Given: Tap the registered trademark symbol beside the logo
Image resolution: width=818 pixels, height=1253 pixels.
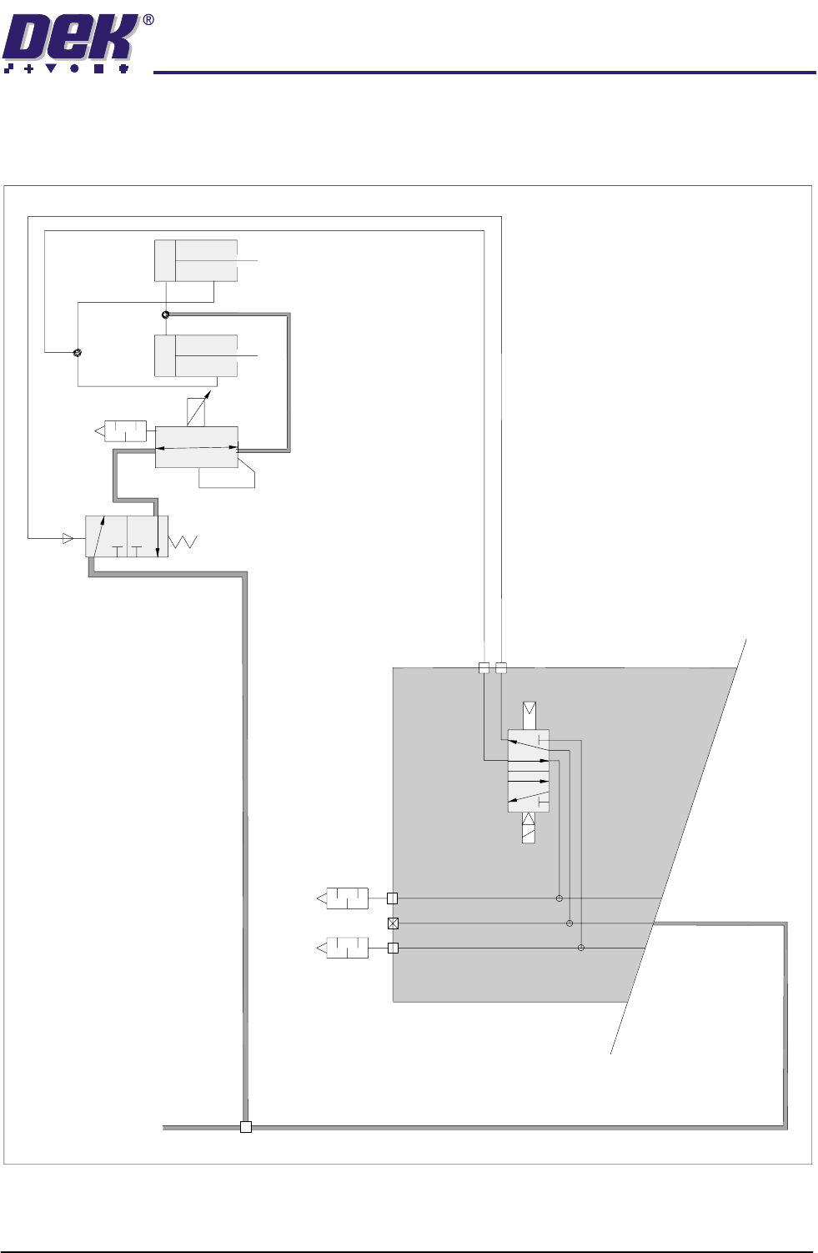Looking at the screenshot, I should (x=148, y=20).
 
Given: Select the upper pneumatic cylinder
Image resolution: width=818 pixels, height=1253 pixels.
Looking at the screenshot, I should (x=196, y=260).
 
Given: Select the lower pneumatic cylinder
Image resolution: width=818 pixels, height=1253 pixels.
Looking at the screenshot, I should (x=196, y=355).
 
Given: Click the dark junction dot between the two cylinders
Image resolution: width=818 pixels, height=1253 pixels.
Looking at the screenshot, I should (x=165, y=315).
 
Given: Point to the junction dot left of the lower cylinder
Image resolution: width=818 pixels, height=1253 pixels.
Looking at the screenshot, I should (x=78, y=353).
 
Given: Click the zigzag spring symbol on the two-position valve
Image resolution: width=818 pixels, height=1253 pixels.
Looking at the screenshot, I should (x=183, y=541).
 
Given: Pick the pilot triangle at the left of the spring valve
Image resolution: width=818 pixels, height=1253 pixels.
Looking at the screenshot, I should (x=68, y=538).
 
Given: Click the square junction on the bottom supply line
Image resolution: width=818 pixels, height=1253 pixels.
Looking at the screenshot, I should (x=245, y=1127).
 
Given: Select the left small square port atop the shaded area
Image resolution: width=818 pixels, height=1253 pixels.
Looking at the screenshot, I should (x=484, y=667).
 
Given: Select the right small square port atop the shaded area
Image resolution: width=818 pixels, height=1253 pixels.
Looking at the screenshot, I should (x=500, y=667).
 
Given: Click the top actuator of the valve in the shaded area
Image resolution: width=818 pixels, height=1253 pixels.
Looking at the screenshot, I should (x=529, y=715).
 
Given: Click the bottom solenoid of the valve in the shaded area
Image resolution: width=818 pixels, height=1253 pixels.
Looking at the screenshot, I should (x=529, y=828).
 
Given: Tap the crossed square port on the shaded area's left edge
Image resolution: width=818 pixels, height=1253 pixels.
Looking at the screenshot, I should (x=393, y=923).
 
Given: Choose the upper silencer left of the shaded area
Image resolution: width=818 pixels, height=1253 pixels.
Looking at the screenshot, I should (x=344, y=898).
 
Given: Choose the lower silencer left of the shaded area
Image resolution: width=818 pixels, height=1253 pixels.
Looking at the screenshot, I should (x=344, y=948).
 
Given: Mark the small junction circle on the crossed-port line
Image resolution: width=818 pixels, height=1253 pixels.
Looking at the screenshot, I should (x=570, y=923).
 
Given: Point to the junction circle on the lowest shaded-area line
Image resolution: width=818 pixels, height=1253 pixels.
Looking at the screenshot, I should (x=581, y=948).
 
